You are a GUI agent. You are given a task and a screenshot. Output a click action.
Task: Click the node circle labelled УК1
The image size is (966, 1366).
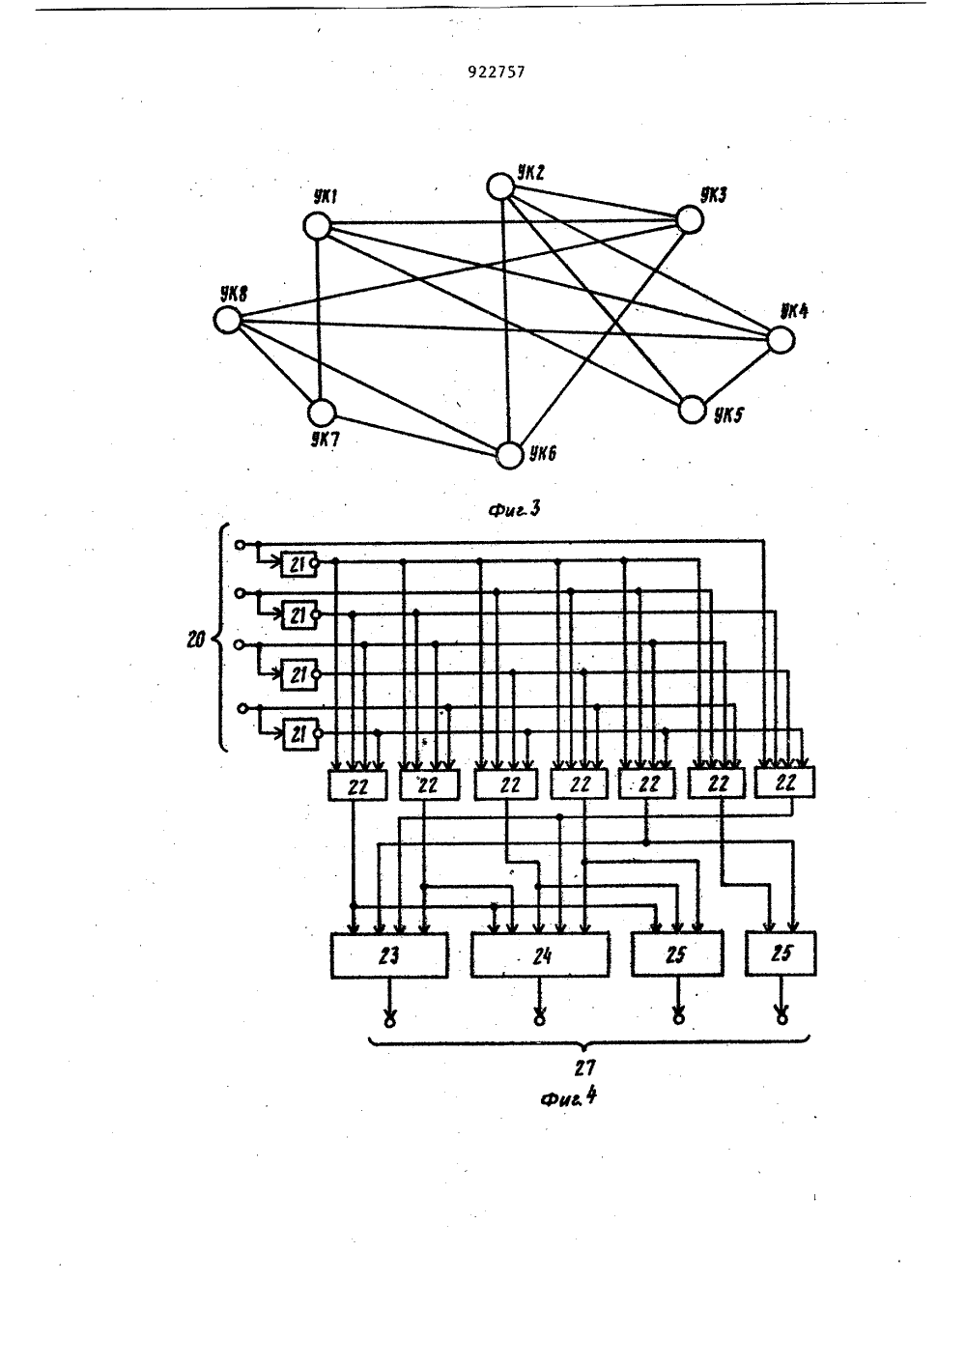tap(317, 226)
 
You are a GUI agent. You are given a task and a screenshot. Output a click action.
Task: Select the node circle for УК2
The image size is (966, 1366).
tap(500, 186)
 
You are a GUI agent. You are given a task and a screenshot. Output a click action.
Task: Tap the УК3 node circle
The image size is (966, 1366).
tap(690, 220)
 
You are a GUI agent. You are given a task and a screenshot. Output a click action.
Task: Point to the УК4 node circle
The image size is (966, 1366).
tap(781, 340)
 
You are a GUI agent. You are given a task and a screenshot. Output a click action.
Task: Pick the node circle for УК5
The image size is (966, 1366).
tap(693, 410)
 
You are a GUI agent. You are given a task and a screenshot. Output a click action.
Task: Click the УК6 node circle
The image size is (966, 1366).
tap(509, 455)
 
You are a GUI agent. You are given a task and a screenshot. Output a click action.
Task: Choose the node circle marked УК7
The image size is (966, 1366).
tap(322, 413)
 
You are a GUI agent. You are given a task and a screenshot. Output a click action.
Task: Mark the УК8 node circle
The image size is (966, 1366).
tap(228, 320)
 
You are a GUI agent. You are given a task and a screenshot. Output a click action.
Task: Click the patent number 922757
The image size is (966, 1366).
tap(496, 71)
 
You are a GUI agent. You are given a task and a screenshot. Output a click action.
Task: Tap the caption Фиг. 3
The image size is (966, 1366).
tap(514, 509)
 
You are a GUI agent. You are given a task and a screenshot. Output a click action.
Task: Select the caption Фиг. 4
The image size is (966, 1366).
tap(568, 1097)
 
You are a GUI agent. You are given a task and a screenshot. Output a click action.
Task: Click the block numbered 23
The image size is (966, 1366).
tap(389, 955)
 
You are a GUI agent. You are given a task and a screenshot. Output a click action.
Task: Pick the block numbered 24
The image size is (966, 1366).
tap(540, 954)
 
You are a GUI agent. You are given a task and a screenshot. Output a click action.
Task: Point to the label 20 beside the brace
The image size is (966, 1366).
tap(195, 640)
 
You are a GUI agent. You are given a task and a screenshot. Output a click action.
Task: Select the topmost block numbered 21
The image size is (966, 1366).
tap(298, 565)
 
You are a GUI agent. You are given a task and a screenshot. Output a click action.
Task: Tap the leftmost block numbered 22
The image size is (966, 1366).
tap(357, 785)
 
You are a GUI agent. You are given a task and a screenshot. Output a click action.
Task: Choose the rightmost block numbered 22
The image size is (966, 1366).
tap(784, 783)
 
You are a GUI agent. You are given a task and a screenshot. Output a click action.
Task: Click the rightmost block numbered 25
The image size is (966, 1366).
tap(781, 953)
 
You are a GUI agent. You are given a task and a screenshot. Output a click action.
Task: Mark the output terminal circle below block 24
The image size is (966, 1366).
tap(539, 1019)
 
